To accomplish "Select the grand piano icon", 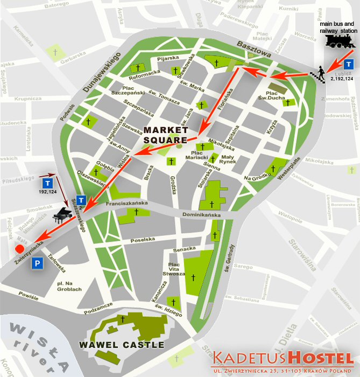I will [x=61, y=215].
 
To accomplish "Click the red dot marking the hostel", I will [x=18, y=249].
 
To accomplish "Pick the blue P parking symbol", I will [x=37, y=263].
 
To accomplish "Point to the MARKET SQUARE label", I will [x=165, y=135].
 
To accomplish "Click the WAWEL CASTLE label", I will [x=122, y=345].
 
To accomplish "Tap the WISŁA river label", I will [x=38, y=345].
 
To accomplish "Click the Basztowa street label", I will [x=252, y=51].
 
